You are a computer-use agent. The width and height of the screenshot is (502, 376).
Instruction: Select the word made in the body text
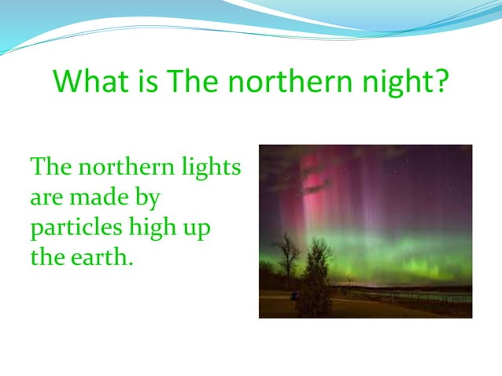pos(100,197)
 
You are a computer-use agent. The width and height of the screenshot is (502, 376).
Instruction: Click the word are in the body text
pos(46,197)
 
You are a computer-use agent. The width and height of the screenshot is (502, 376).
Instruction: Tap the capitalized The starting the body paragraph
pos(51,168)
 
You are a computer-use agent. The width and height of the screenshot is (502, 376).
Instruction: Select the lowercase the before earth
pos(47,256)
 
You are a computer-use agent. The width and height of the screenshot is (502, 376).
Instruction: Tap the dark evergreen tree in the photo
pos(318,275)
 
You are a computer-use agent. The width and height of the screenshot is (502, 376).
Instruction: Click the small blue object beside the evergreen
pos(294,296)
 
